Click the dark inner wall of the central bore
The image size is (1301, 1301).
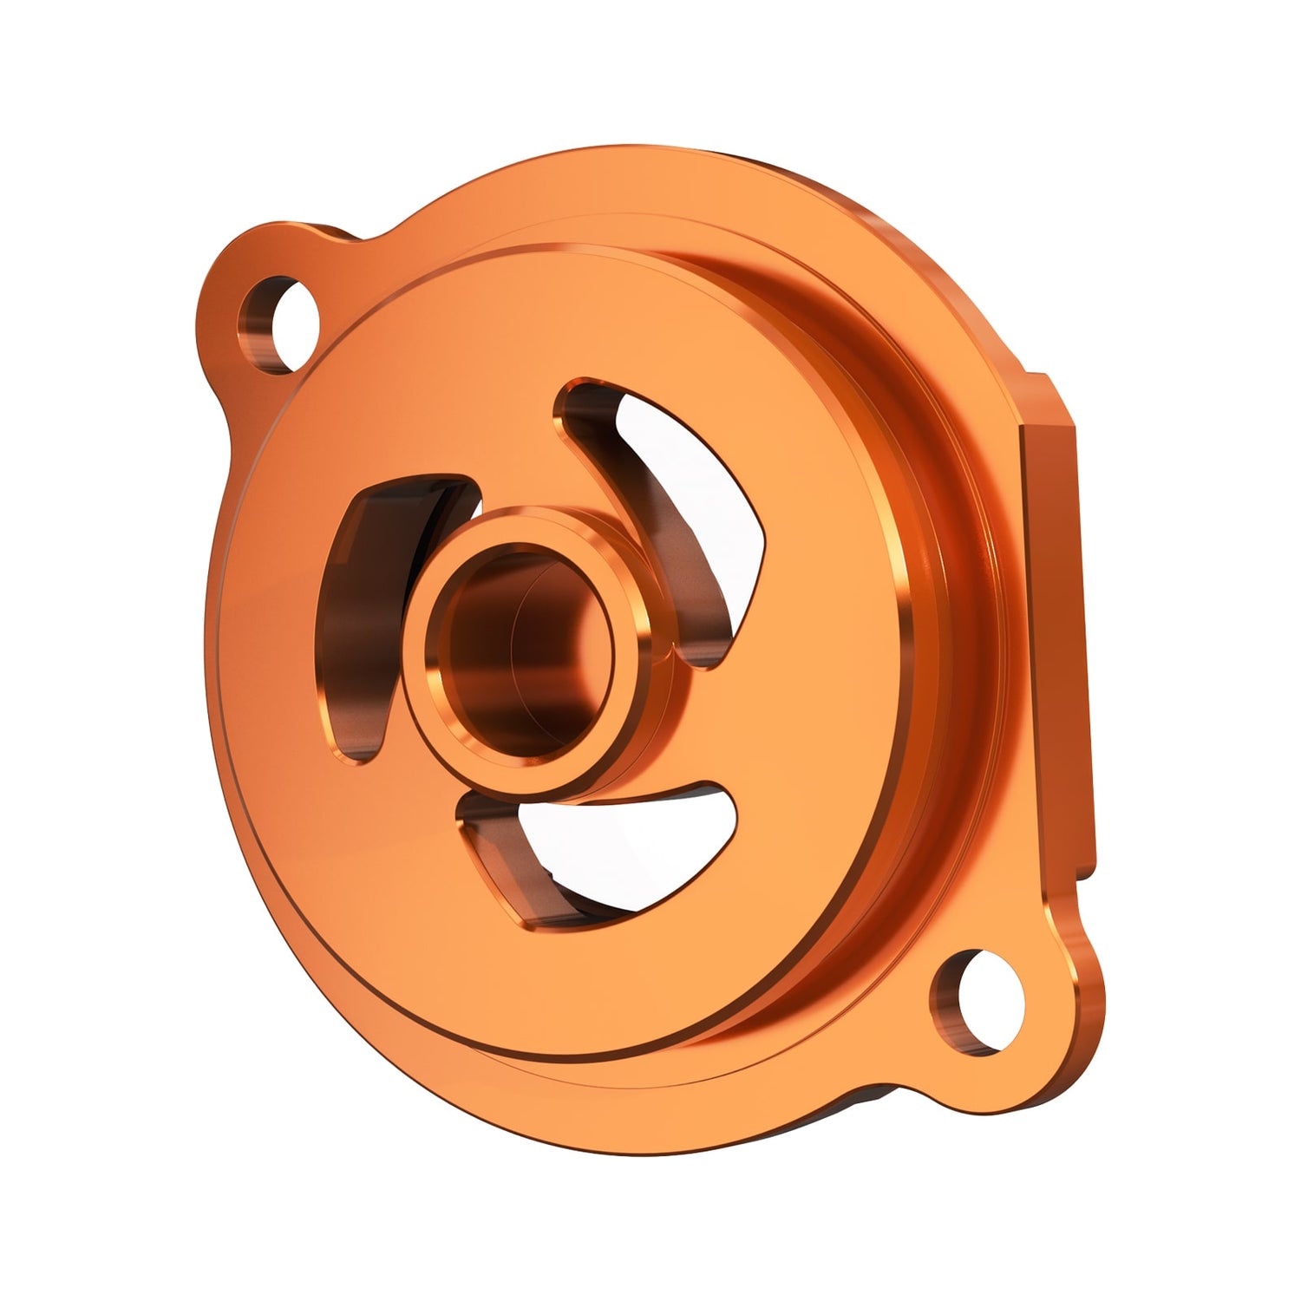tap(486, 659)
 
